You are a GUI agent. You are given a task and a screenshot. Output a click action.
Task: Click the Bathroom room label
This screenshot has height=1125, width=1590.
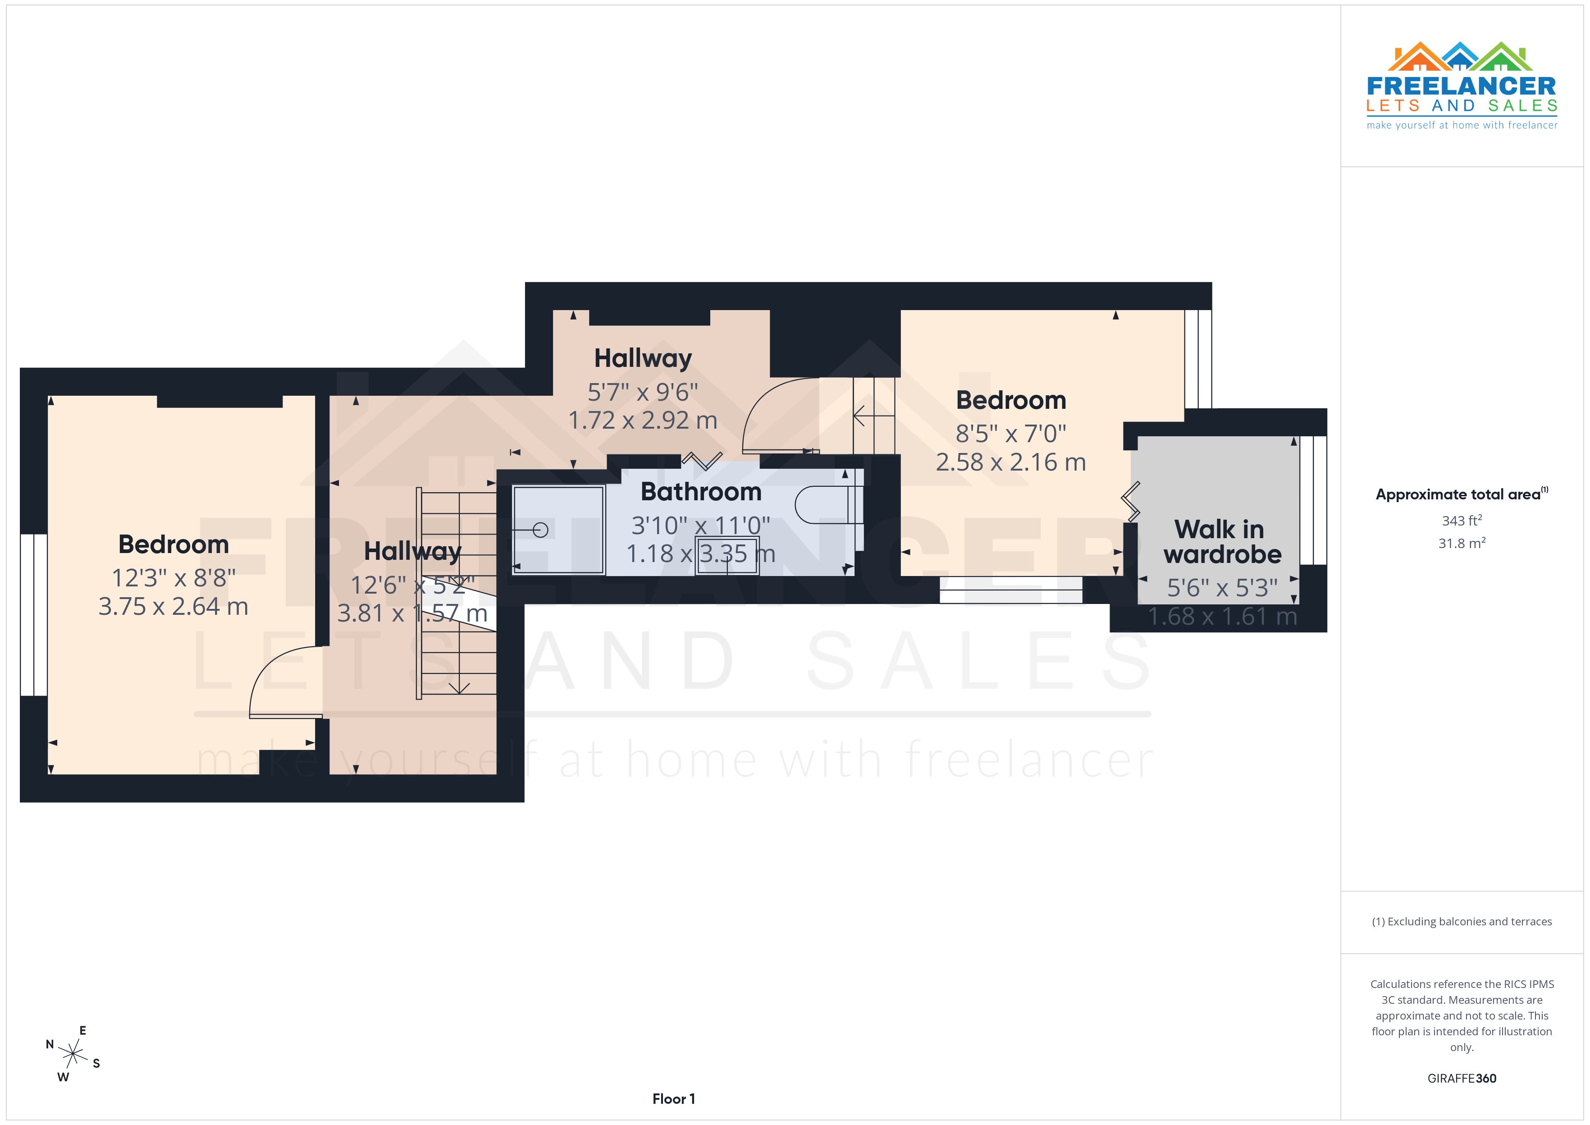tap(701, 492)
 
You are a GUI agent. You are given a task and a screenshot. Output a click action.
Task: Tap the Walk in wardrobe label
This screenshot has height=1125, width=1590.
tap(1222, 542)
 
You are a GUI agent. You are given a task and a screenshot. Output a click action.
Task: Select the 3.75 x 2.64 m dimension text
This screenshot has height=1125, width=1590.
tap(173, 607)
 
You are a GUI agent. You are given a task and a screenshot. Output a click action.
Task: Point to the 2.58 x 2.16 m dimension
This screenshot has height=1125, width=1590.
tap(1010, 462)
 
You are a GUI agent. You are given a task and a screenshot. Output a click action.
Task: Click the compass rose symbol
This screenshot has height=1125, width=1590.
tap(73, 1054)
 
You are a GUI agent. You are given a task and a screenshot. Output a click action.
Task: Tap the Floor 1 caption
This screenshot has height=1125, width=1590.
tap(673, 1099)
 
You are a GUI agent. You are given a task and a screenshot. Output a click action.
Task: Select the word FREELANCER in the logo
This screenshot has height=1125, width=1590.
tap(1461, 87)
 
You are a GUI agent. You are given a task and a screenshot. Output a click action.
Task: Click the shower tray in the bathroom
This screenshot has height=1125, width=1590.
tap(558, 530)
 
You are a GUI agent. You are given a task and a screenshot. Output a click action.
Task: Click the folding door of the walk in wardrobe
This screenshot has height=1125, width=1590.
tap(1130, 502)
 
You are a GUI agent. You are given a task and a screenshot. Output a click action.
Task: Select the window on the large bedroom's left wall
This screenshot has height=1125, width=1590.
tap(33, 614)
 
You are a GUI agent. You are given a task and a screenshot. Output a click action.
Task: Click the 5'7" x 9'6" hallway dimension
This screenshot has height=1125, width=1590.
tap(643, 392)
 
